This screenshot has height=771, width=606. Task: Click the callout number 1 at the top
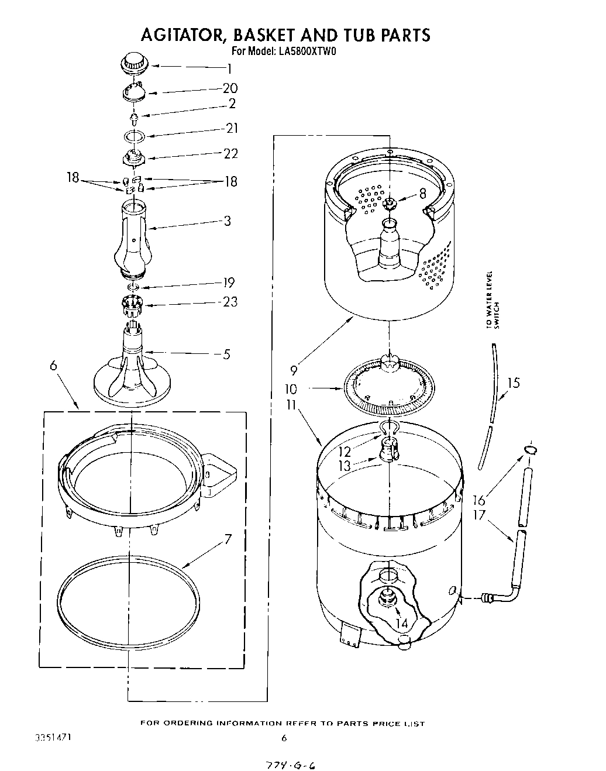(x=230, y=69)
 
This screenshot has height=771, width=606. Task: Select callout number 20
(x=230, y=88)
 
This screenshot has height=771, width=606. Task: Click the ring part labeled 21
(x=135, y=137)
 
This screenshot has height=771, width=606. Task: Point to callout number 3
(x=226, y=221)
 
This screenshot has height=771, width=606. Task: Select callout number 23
(x=229, y=302)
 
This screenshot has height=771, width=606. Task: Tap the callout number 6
(x=53, y=366)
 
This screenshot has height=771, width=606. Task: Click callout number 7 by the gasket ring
(x=228, y=539)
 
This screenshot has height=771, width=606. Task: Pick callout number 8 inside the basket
(x=422, y=194)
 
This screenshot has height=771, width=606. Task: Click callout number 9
(x=293, y=370)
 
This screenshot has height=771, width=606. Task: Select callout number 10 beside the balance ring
(x=291, y=388)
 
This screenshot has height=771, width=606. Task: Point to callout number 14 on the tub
(x=401, y=624)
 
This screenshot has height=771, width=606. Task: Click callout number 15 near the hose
(x=513, y=384)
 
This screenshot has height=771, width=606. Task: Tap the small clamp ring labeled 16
(x=530, y=450)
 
